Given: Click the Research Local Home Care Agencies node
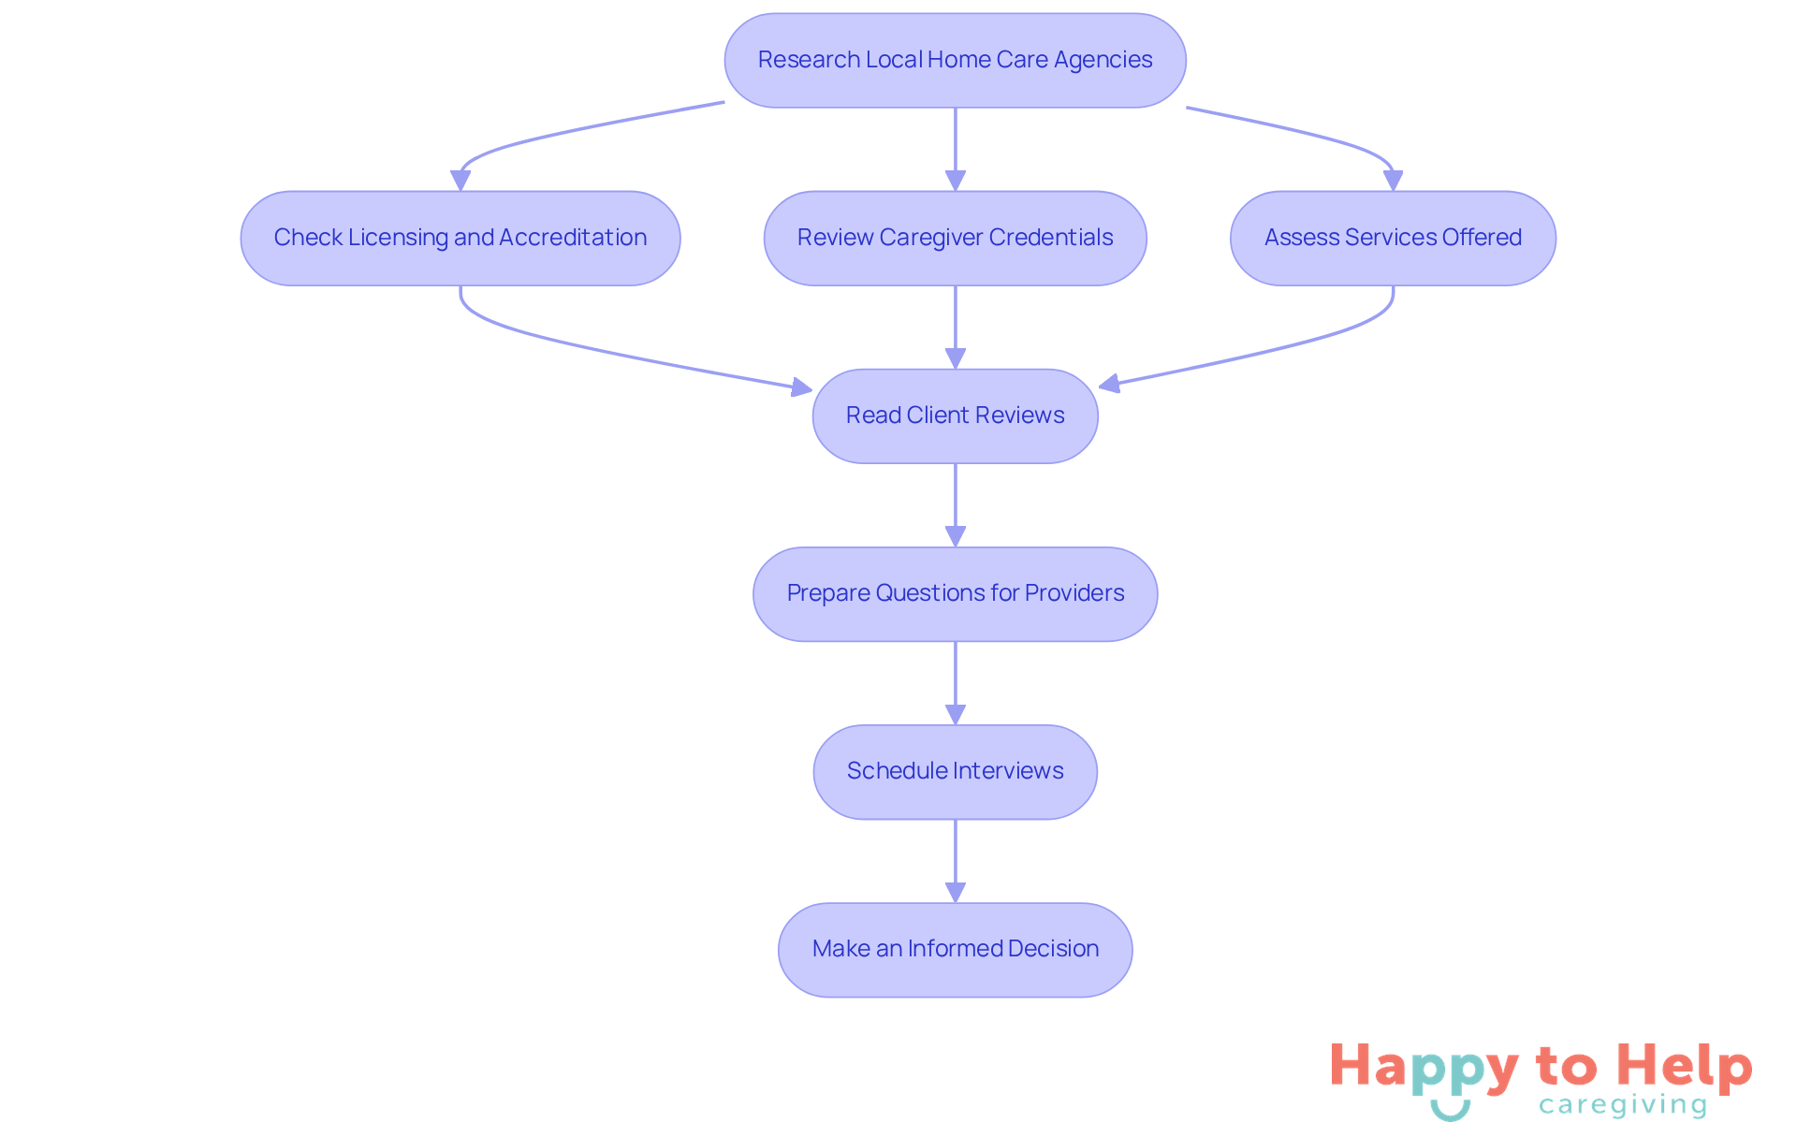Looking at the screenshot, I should click(955, 60).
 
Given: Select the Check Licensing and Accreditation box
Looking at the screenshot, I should click(460, 238).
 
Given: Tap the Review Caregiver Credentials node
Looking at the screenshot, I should click(955, 238).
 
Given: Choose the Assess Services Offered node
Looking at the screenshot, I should click(1393, 238).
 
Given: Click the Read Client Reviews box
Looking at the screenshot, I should click(955, 415).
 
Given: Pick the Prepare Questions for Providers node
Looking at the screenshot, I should click(955, 593).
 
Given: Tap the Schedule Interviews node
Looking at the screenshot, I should click(955, 771).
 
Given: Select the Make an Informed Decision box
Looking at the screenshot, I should click(955, 949).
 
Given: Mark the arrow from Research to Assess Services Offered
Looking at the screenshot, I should click(1310, 132).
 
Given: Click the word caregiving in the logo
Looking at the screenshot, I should click(1623, 1105).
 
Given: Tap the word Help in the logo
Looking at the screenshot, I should click(1684, 1067).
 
